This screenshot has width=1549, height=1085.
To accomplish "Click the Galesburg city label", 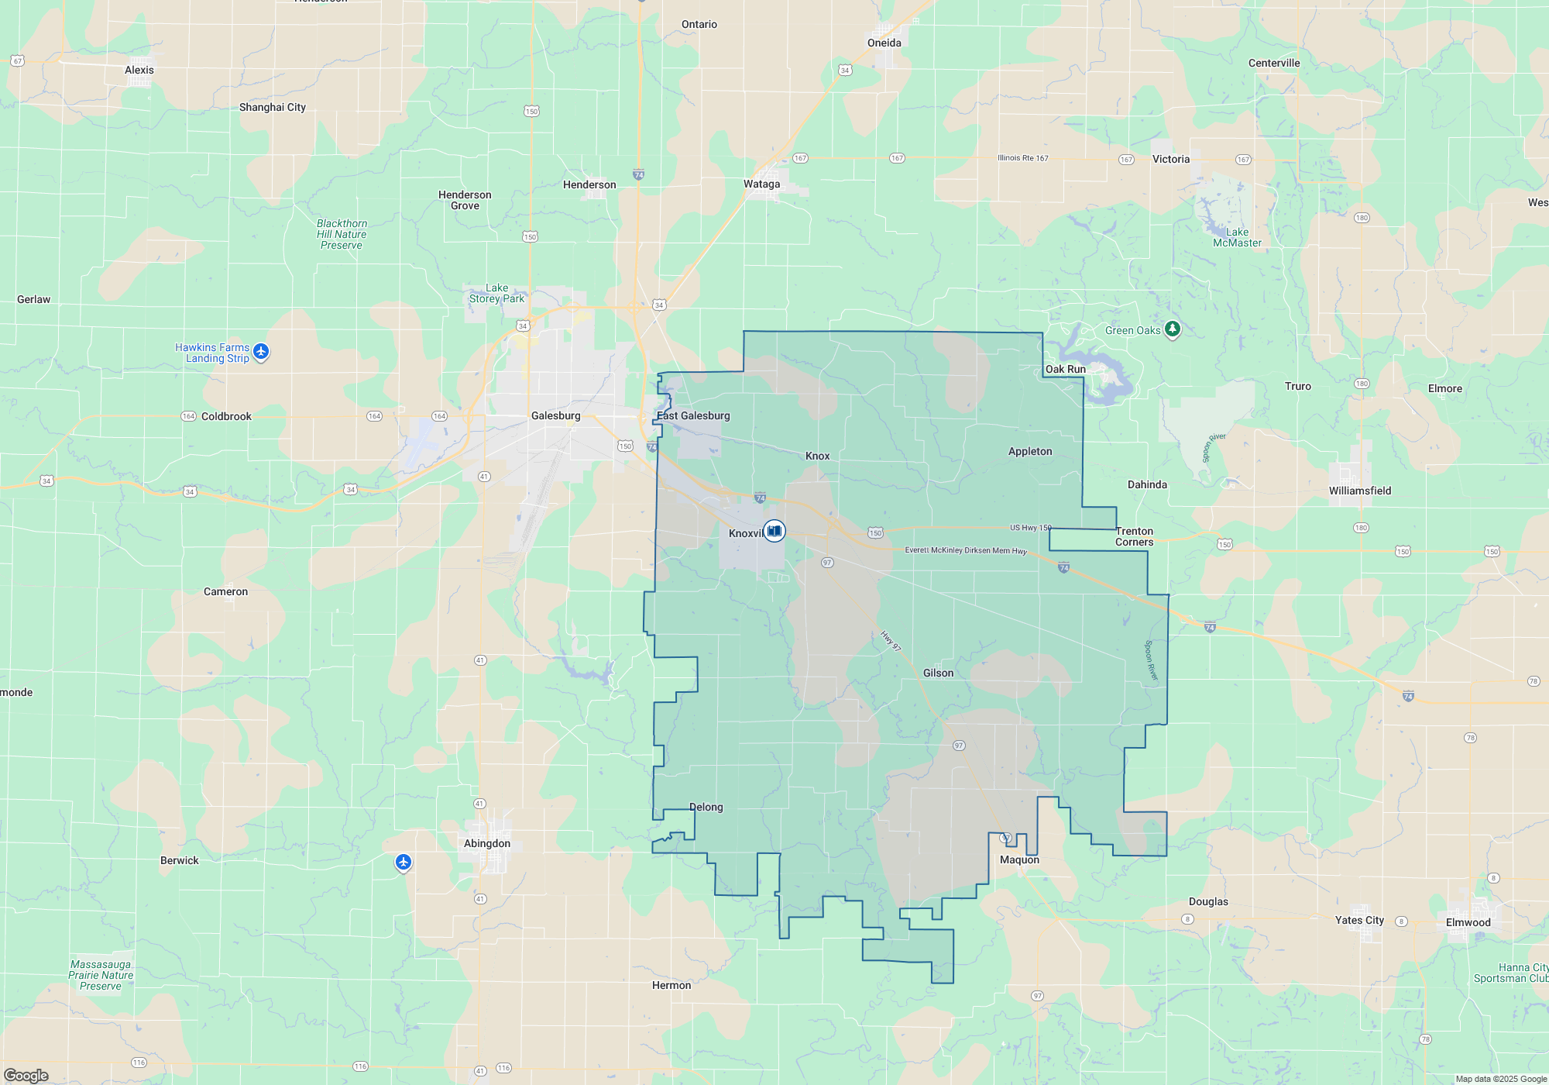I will click(555, 416).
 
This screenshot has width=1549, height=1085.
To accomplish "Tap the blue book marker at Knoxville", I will click(774, 531).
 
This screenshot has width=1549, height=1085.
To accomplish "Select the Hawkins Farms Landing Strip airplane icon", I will click(261, 352).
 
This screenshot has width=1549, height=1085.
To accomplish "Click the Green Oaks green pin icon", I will click(1173, 329).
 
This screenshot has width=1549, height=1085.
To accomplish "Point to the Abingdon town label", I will click(487, 844).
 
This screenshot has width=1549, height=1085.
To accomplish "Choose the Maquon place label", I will click(1019, 860).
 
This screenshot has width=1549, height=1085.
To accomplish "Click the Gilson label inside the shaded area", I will click(938, 673).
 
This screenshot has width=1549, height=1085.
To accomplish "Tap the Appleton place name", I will click(1030, 452).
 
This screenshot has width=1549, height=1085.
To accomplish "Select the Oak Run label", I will click(1065, 370).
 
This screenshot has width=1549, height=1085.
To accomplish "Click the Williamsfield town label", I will click(1360, 491).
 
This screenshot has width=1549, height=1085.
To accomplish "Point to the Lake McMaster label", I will click(1237, 238).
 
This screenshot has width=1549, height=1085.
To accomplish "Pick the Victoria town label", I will click(1170, 160).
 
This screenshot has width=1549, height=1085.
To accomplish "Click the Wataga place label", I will click(761, 184).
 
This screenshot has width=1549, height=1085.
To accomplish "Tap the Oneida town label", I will click(884, 43).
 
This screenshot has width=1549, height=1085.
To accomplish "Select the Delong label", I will click(706, 808).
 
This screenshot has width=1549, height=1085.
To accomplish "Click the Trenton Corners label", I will click(1134, 537).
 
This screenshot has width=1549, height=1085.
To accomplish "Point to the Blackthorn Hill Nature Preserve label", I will click(342, 235).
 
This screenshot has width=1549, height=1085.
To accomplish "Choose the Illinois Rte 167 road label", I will click(1022, 158).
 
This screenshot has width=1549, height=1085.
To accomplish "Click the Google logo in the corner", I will click(26, 1076).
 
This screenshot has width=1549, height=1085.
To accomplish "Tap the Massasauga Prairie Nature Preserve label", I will click(101, 976).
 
